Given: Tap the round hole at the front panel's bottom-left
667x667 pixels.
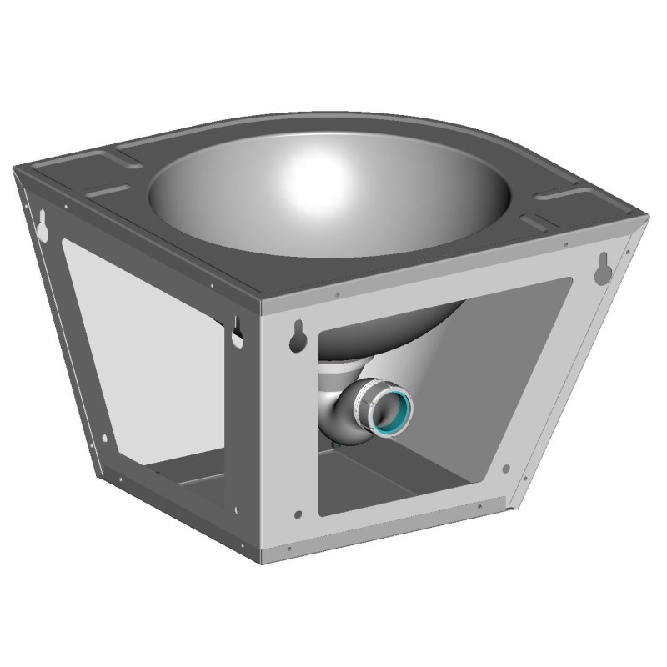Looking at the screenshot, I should (x=297, y=512).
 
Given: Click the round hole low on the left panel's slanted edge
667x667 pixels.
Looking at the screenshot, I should (x=103, y=438).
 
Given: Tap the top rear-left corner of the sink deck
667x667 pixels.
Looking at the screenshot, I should (x=16, y=168).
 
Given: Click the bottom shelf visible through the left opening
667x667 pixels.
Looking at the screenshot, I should (x=179, y=475).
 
